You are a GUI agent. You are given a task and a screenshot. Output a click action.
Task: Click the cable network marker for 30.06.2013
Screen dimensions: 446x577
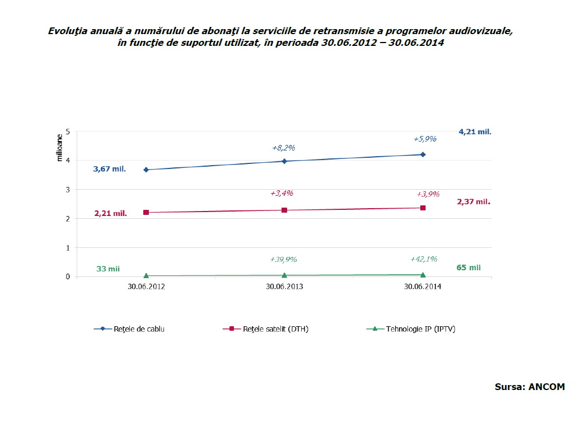(284, 161)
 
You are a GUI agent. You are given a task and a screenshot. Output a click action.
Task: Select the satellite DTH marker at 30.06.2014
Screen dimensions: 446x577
(423, 208)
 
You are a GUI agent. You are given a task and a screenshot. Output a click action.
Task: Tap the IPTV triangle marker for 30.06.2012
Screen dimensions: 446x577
(146, 275)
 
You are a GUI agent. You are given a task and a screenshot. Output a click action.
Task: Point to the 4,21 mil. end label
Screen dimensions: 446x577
(475, 132)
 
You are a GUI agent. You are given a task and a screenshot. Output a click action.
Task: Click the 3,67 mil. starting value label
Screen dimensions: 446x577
(110, 169)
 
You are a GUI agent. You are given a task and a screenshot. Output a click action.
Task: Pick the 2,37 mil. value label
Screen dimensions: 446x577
(473, 202)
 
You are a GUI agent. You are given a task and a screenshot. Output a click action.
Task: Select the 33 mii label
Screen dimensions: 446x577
(108, 269)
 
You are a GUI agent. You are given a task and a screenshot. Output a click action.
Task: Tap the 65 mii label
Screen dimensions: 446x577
(468, 267)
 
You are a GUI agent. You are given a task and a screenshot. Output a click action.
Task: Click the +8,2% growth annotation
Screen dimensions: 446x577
(283, 148)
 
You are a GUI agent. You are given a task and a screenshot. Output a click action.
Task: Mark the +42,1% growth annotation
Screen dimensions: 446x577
(424, 259)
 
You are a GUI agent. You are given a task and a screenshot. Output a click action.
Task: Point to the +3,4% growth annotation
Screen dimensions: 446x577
(282, 193)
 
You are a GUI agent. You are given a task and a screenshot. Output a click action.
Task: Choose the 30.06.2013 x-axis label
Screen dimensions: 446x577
(284, 287)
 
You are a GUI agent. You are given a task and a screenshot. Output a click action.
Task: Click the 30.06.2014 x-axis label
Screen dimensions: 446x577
(423, 287)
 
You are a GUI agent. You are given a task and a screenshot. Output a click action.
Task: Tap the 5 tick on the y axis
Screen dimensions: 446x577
(68, 132)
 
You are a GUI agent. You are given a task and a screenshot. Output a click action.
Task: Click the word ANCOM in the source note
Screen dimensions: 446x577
(547, 387)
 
